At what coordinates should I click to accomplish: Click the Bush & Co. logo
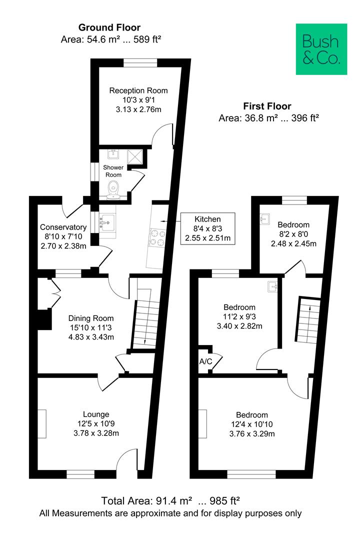(321, 49)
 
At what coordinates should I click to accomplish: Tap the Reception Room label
(138, 90)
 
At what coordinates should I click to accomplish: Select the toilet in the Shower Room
(113, 190)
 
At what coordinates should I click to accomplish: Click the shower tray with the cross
(134, 156)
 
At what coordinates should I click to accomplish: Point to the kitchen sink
(107, 222)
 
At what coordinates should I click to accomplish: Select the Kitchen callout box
(207, 228)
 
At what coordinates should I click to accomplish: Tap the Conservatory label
(63, 227)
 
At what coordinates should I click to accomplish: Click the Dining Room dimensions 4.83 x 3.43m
(91, 337)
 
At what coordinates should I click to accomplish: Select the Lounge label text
(96, 414)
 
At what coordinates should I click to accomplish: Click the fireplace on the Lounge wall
(41, 424)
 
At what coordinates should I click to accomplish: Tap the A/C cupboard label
(205, 362)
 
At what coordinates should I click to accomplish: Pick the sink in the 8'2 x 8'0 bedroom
(264, 219)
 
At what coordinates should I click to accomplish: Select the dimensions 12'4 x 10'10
(252, 424)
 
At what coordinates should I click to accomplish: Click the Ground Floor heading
(109, 27)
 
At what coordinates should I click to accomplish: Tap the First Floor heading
(267, 106)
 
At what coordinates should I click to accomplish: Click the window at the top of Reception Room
(140, 62)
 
